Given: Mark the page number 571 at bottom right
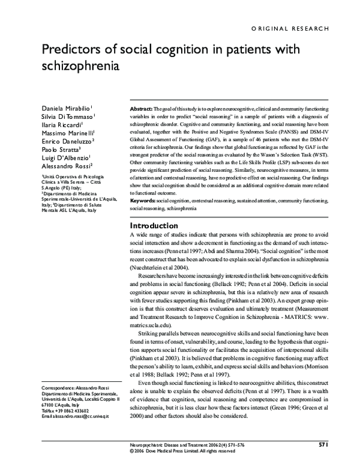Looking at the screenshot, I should coord(322,445).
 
